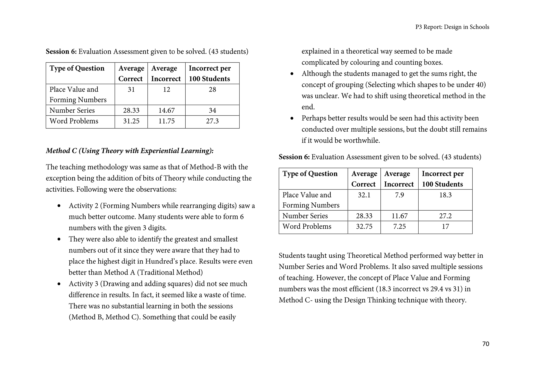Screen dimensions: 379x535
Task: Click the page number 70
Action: point(486,344)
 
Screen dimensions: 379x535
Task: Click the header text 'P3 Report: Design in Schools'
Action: point(452,27)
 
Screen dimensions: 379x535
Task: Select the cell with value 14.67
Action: point(166,110)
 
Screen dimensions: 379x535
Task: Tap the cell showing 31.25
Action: point(131,121)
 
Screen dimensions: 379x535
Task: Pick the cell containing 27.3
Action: point(212,121)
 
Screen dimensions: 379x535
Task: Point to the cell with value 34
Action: point(212,110)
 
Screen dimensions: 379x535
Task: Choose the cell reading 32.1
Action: point(364,195)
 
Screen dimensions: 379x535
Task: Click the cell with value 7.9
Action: point(399,195)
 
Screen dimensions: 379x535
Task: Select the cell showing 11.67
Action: point(399,216)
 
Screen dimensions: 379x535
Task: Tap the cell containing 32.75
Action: point(364,226)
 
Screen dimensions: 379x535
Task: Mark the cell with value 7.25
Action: point(399,226)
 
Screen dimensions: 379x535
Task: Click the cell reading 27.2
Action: point(445,216)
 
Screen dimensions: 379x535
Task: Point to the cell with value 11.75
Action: point(166,121)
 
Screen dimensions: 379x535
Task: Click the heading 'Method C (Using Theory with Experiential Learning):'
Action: point(130,151)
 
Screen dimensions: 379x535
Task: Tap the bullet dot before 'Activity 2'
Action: point(59,206)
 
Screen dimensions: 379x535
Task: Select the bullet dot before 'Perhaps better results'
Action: point(292,118)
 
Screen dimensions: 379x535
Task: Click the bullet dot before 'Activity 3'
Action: point(59,284)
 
